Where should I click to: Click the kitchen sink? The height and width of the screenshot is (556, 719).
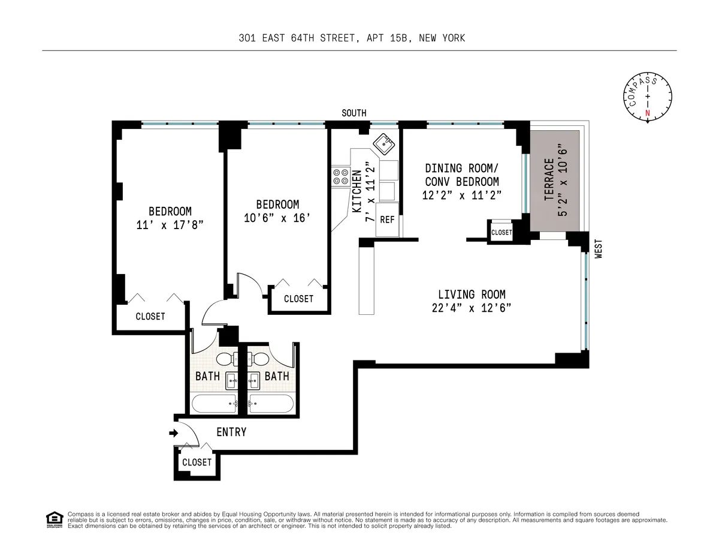pos(382,144)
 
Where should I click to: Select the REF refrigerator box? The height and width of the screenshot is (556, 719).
pos(387,220)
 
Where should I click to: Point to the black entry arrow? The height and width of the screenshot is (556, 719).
pos(174,432)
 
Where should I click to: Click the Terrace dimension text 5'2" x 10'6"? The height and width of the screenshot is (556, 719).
pos(561,179)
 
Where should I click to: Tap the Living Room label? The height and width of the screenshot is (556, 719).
pos(471,294)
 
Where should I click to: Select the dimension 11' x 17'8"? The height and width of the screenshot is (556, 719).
pos(170,225)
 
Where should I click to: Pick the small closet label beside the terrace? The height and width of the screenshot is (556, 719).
pos(502,232)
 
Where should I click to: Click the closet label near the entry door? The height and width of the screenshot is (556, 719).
pos(197,462)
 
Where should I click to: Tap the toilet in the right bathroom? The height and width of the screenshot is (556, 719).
pos(261,359)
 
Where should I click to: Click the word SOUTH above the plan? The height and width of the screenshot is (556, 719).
pos(354,113)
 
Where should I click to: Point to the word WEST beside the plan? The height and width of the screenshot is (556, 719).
pos(597,249)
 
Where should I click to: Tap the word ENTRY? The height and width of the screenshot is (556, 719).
pos(231,432)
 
